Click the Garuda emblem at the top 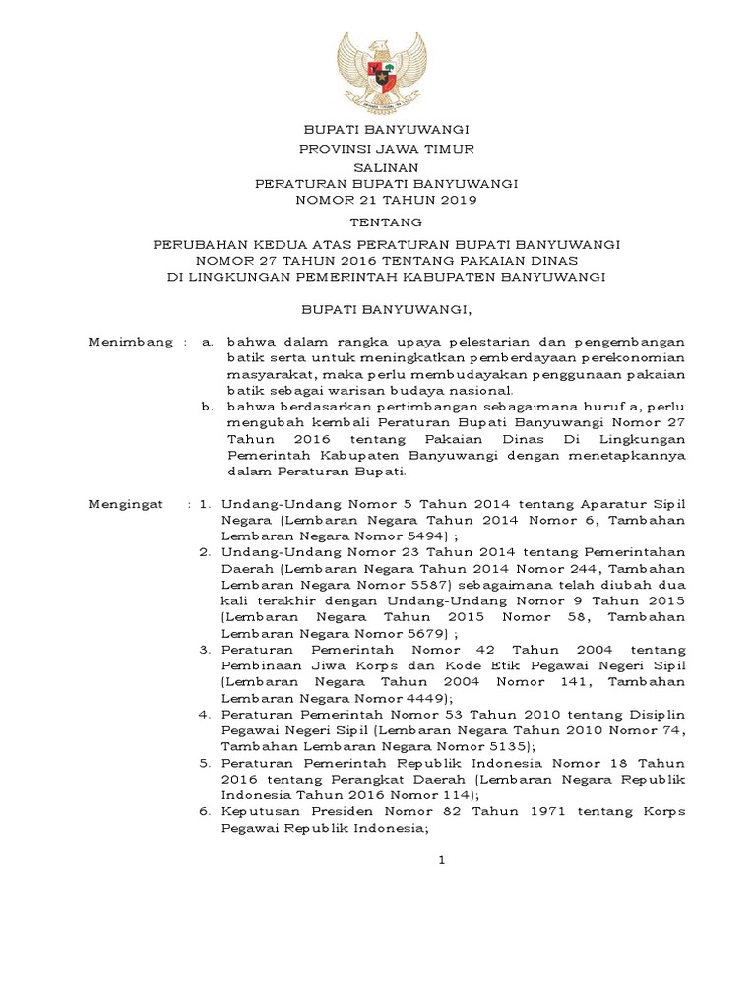(385, 71)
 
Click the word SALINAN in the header (385, 168)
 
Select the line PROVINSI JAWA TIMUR (386, 148)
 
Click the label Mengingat (124, 504)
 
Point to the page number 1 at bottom (442, 860)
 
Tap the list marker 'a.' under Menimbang (207, 343)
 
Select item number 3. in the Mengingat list (206, 651)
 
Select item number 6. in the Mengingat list (206, 811)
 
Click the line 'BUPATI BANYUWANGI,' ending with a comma (386, 310)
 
